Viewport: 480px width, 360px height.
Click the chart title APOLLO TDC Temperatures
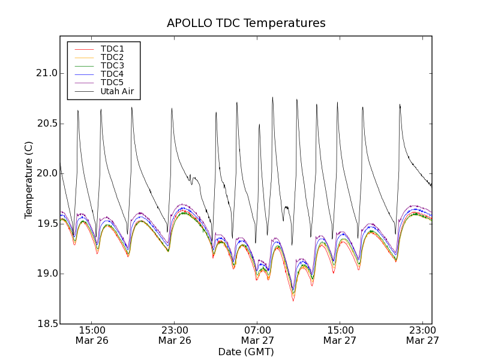pos(246,23)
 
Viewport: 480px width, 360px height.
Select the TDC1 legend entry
pos(112,49)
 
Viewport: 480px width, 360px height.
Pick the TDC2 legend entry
pos(112,57)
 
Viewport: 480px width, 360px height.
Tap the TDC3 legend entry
pos(112,65)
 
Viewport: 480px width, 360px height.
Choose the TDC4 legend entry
pos(112,74)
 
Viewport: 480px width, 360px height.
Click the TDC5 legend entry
pos(112,82)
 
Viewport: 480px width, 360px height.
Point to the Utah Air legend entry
pos(117,91)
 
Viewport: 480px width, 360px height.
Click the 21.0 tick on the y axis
pos(46,73)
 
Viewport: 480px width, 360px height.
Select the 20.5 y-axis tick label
pos(46,124)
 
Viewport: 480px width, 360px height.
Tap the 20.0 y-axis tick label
pos(46,173)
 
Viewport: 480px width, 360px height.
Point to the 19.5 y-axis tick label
pos(46,224)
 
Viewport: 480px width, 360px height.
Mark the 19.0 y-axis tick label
pos(46,274)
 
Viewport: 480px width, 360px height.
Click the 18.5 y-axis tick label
pos(46,324)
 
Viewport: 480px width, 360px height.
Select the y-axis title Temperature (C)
pos(29,180)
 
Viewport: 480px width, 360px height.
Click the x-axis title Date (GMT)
pos(246,352)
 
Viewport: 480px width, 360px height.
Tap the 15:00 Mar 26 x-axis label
pos(92,335)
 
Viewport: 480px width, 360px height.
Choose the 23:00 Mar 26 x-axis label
pos(175,335)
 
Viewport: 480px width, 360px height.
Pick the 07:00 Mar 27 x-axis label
pos(257,335)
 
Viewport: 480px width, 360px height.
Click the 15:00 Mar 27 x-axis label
pos(340,335)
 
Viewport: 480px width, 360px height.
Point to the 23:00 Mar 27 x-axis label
pos(422,335)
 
